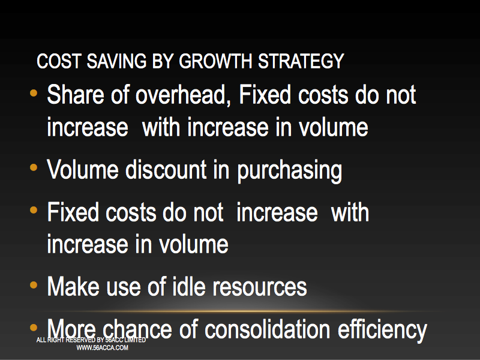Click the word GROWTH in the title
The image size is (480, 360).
click(215, 61)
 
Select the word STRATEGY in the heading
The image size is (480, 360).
click(301, 61)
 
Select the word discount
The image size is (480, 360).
click(166, 170)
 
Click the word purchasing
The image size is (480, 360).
click(290, 172)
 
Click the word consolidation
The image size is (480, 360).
click(267, 329)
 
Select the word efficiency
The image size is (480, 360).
click(382, 331)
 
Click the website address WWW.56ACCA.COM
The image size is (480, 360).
click(102, 348)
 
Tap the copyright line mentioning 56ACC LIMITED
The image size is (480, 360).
click(91, 340)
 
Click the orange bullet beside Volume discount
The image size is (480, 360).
click(34, 167)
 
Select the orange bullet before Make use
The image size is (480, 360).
click(34, 285)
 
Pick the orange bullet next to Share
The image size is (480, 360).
click(34, 92)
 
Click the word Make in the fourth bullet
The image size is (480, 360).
click(73, 287)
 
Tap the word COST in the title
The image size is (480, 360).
click(59, 61)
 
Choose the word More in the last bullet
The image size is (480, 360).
click(71, 329)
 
